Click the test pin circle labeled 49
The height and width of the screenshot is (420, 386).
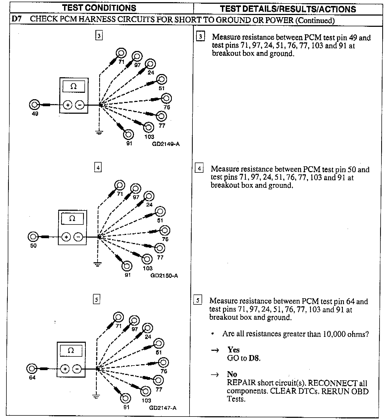(x=34, y=105)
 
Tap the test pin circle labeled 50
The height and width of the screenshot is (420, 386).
(x=33, y=237)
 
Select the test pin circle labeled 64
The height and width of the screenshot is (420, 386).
(x=32, y=369)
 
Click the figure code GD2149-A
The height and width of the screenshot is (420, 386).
(x=166, y=144)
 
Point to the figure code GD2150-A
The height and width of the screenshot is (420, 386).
(x=164, y=276)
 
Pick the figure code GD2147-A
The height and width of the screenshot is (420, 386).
(x=163, y=408)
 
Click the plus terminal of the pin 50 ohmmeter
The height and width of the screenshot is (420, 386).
(x=66, y=237)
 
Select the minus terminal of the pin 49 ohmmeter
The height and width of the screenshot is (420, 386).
(x=80, y=105)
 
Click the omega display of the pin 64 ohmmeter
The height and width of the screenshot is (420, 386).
(x=71, y=351)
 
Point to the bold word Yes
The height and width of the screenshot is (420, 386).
(x=233, y=350)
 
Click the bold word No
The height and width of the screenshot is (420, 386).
(x=232, y=374)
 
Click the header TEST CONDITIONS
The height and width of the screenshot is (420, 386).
(x=99, y=8)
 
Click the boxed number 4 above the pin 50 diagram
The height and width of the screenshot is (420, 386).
(x=98, y=168)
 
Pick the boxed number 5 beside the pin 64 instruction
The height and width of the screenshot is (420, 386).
(x=198, y=300)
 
